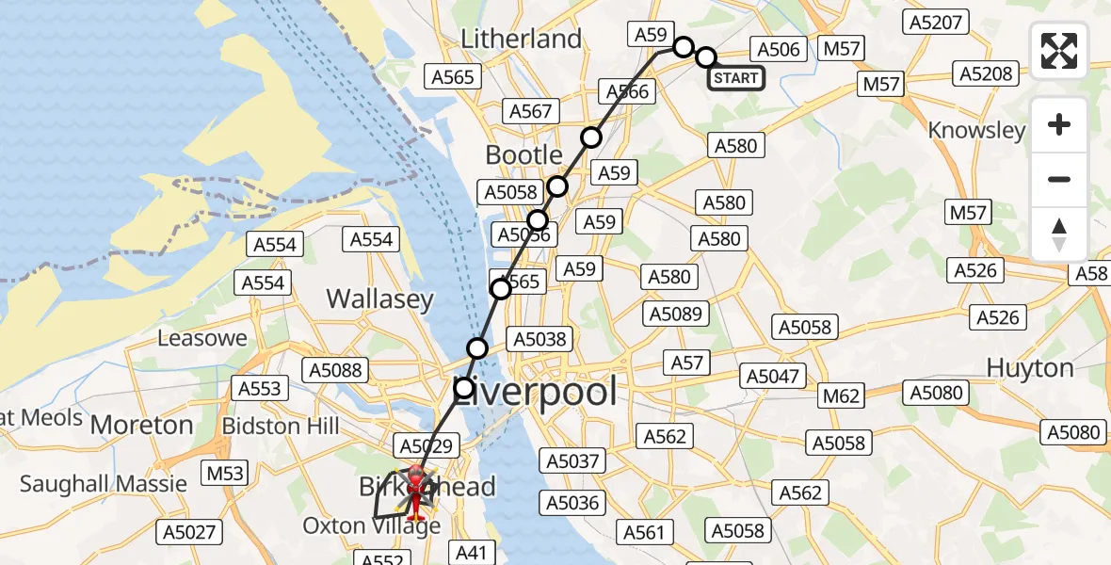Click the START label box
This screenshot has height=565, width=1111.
point(735,78)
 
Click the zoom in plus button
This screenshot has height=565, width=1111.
point(1059,124)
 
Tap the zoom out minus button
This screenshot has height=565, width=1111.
point(1059,179)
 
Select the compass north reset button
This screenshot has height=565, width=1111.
point(1059,234)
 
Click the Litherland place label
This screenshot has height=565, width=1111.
point(521,39)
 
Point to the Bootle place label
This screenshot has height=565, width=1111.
point(523,154)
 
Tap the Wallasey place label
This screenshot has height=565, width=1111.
point(379,299)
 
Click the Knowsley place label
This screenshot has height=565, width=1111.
point(976,130)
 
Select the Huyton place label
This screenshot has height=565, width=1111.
point(1030,367)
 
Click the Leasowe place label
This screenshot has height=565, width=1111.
point(202,338)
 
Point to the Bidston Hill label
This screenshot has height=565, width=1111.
point(281,426)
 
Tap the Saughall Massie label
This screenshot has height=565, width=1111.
point(104,484)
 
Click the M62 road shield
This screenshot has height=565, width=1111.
point(840,395)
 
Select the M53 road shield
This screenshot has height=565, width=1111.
point(225,473)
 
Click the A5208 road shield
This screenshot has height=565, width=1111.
point(986,73)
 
